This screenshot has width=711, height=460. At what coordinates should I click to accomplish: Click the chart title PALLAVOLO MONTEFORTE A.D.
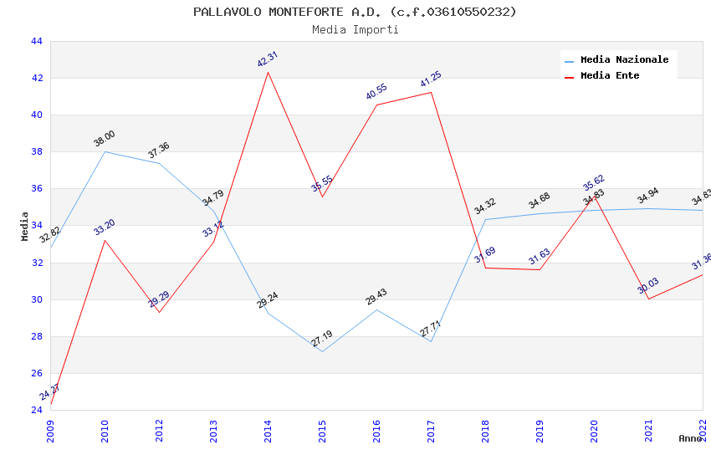pyautogui.click(x=355, y=12)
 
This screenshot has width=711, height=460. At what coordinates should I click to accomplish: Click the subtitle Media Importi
pyautogui.click(x=355, y=29)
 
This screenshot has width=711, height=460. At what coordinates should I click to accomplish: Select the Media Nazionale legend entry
pyautogui.click(x=624, y=59)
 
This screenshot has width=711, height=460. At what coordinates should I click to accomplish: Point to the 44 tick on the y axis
pyautogui.click(x=36, y=41)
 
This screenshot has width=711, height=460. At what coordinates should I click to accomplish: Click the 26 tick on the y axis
pyautogui.click(x=36, y=373)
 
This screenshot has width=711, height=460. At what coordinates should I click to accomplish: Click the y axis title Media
pyautogui.click(x=25, y=226)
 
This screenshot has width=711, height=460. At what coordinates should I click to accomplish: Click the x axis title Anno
pyautogui.click(x=690, y=438)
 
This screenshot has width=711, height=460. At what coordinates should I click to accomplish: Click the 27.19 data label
pyautogui.click(x=322, y=339)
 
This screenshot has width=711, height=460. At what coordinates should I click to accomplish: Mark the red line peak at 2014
pyautogui.click(x=268, y=72)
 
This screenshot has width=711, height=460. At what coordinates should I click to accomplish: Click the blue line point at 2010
pyautogui.click(x=105, y=151)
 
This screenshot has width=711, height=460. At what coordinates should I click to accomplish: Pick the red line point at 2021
pyautogui.click(x=648, y=299)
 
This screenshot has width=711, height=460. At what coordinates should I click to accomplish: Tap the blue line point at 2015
pyautogui.click(x=322, y=351)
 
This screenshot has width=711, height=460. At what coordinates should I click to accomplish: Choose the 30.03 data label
pyautogui.click(x=648, y=286)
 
